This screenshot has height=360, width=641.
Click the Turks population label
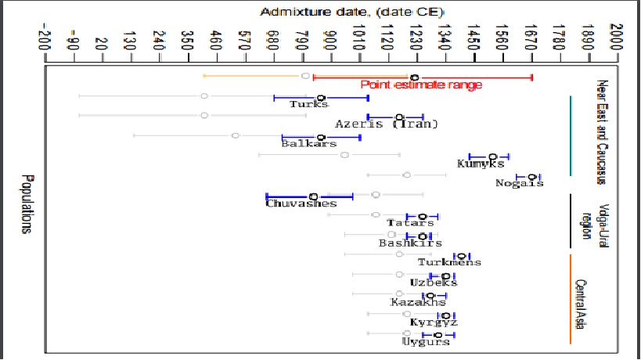(x=308, y=104)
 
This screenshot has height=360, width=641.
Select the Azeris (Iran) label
(x=386, y=124)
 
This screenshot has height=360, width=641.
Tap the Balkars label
(x=309, y=143)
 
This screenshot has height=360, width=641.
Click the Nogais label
(x=519, y=183)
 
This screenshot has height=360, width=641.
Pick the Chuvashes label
(x=301, y=203)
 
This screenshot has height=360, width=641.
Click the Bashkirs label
(x=405, y=243)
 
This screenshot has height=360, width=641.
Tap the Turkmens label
(x=449, y=262)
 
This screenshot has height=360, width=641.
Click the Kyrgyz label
(x=434, y=322)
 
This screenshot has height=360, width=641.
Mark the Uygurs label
(x=426, y=341)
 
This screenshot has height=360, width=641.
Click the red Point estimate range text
(x=420, y=85)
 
